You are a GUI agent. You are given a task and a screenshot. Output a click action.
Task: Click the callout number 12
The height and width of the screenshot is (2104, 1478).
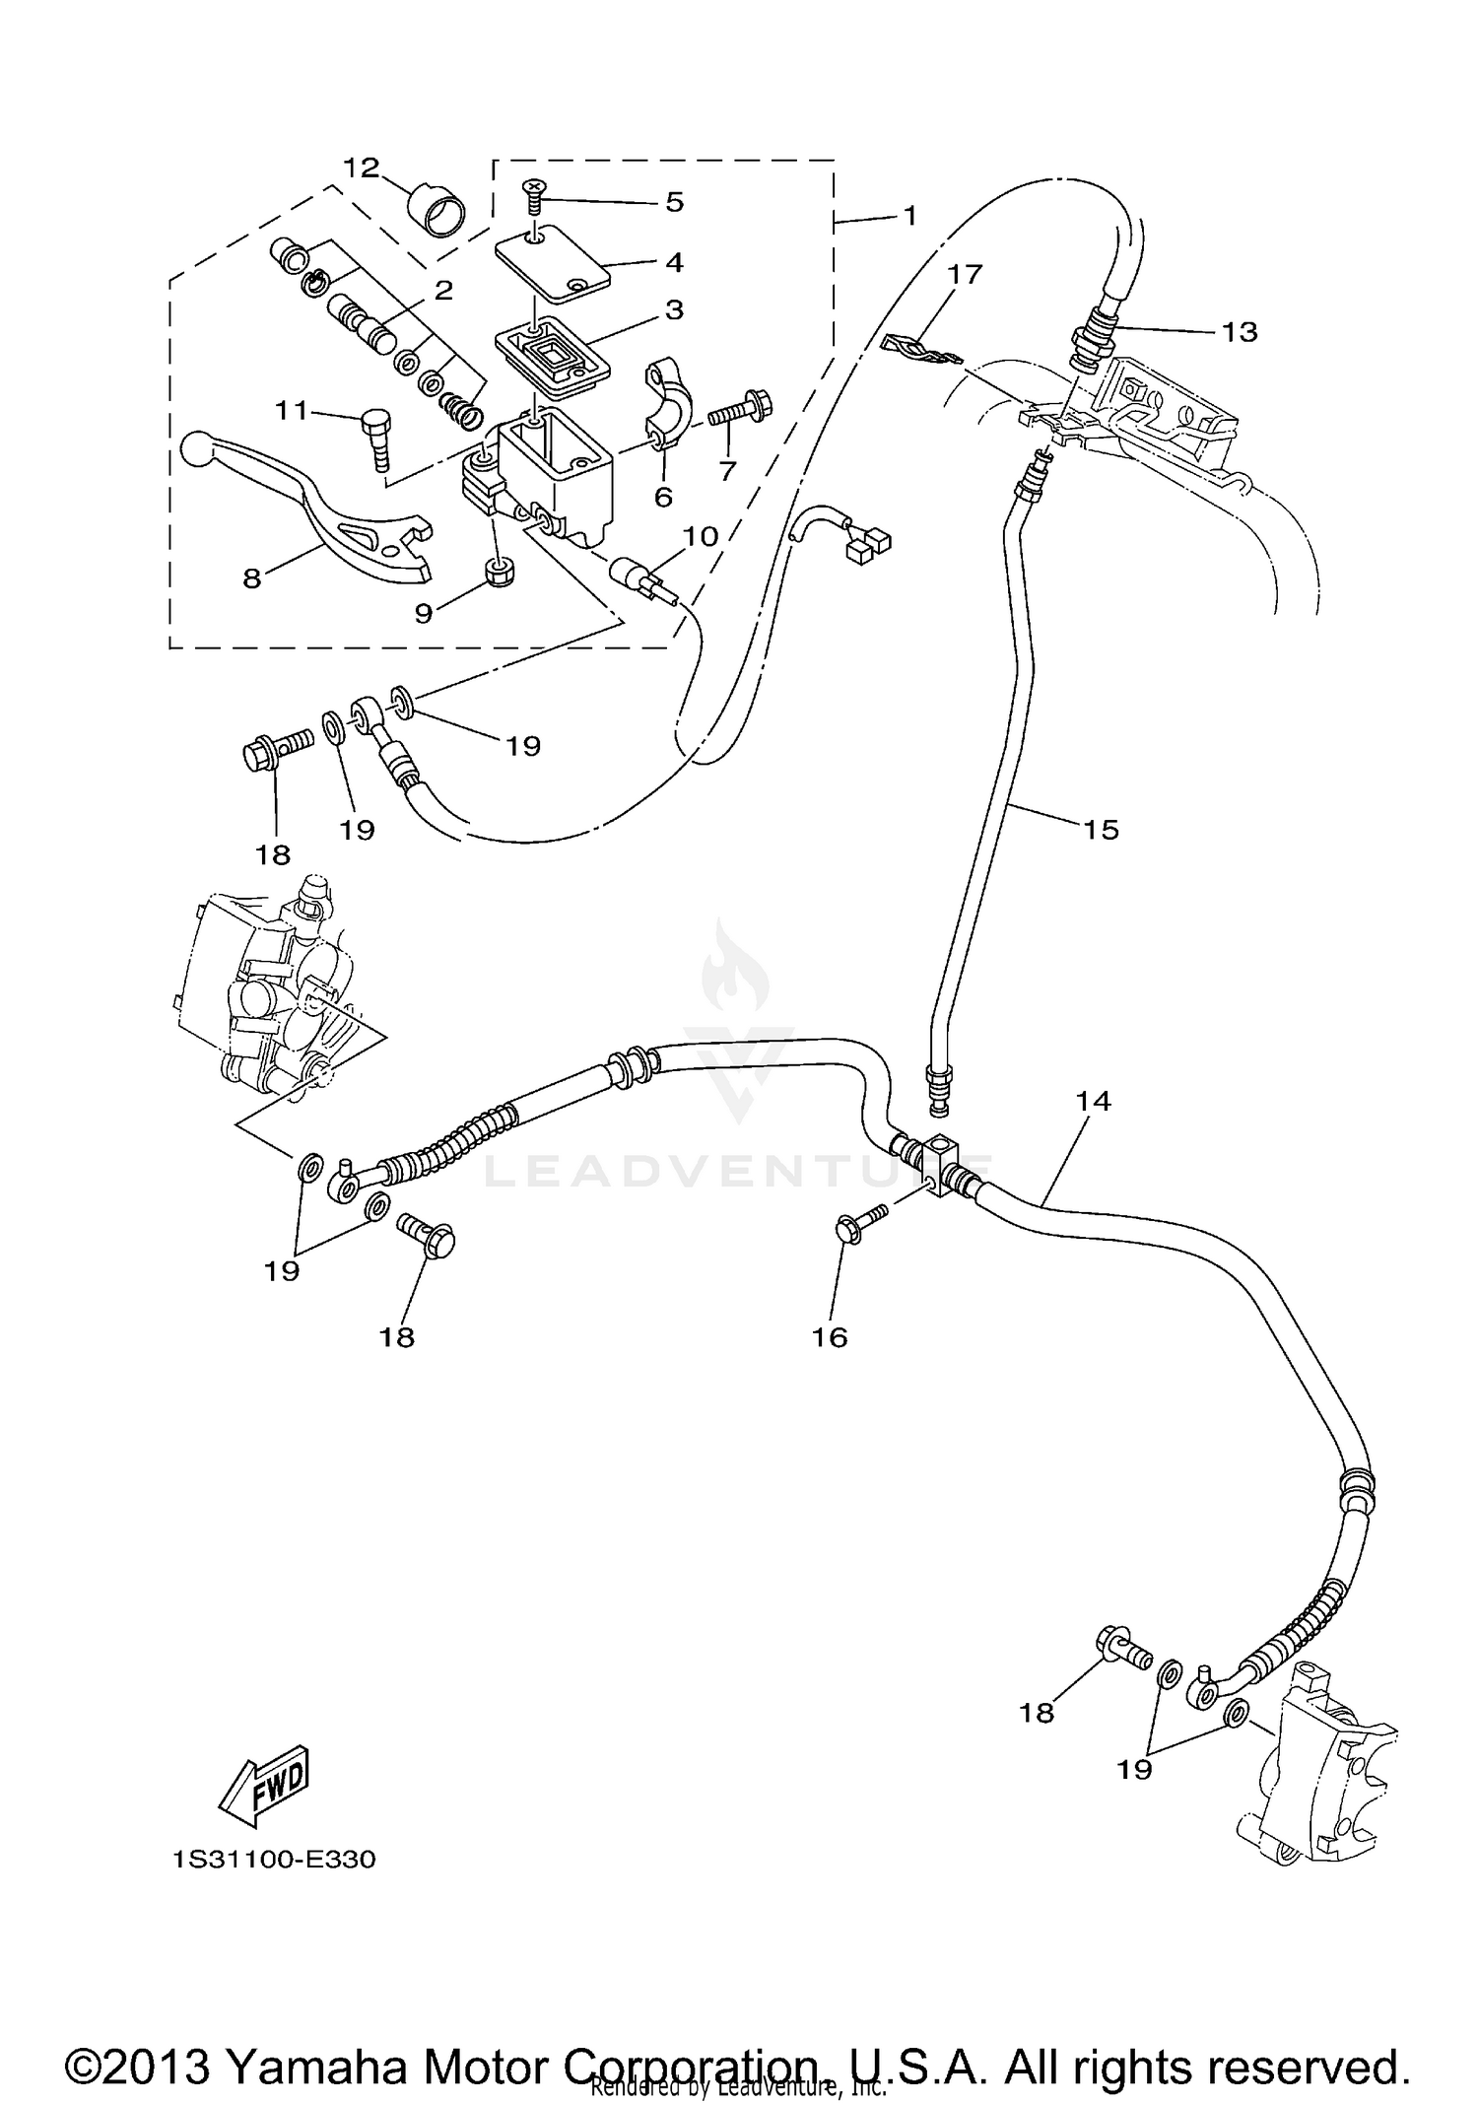[362, 168]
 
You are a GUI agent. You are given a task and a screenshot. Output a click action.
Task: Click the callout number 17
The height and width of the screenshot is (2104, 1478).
[966, 273]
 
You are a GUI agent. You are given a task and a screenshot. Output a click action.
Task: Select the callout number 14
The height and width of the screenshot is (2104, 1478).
[1094, 1101]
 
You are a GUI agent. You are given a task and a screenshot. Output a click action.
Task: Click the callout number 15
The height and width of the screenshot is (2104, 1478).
[1101, 830]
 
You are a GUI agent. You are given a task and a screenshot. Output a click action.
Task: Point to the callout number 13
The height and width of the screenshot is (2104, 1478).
[1240, 332]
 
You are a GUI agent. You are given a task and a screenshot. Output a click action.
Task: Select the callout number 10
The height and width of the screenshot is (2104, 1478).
[701, 536]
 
